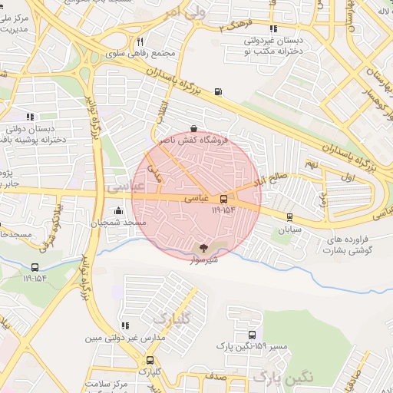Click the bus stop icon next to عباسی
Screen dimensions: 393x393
223,198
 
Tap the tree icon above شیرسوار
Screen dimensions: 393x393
203,247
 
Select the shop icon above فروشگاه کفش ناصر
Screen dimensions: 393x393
193,129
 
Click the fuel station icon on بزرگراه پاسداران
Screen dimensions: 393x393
219,92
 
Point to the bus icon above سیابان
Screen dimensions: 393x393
289,216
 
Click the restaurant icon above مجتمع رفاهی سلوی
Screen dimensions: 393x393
140,42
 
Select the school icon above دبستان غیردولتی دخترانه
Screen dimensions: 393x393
272,29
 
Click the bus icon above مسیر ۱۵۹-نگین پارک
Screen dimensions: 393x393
253,335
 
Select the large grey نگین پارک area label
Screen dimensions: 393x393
284,376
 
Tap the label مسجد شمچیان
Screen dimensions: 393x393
119,223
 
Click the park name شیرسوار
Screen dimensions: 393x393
203,259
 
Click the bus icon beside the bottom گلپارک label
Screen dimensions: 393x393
149,359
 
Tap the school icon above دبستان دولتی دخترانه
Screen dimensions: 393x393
30,117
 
